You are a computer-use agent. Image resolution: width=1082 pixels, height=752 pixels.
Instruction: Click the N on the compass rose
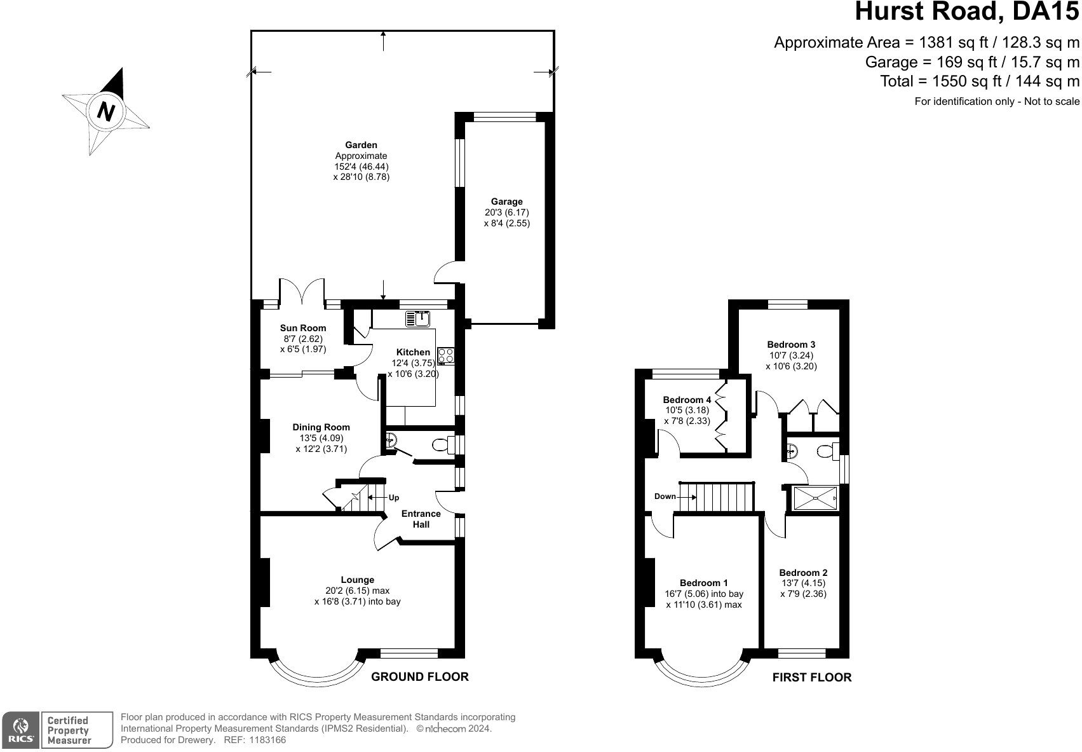pyautogui.click(x=105, y=112)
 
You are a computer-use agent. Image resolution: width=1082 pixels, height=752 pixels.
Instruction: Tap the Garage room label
pyautogui.click(x=507, y=202)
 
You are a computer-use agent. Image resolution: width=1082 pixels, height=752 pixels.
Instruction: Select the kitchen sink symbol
pyautogui.click(x=418, y=319)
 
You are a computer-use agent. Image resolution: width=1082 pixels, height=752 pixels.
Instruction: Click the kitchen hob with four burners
pyautogui.click(x=446, y=356)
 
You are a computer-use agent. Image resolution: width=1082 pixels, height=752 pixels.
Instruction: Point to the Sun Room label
pyautogui.click(x=303, y=328)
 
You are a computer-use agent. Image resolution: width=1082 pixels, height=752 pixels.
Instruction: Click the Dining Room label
pyautogui.click(x=321, y=427)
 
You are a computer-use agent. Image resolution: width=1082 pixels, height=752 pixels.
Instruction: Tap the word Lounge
pyautogui.click(x=358, y=580)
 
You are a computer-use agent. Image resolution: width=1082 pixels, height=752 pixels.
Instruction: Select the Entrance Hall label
pyautogui.click(x=421, y=519)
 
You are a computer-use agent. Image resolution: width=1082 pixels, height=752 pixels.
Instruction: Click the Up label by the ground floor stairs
pyautogui.click(x=394, y=497)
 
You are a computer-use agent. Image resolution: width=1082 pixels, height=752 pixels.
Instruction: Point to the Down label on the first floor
pyautogui.click(x=665, y=496)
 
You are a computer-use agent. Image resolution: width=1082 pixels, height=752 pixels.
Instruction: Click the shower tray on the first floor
pyautogui.click(x=815, y=498)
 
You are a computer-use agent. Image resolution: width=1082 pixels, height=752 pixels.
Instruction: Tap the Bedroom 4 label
pyautogui.click(x=687, y=400)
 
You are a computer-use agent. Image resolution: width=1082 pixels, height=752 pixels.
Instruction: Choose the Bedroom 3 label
pyautogui.click(x=791, y=345)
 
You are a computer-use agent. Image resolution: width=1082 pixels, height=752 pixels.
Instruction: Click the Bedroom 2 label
pyautogui.click(x=803, y=573)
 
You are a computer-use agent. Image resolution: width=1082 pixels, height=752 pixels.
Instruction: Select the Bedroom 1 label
pyautogui.click(x=704, y=583)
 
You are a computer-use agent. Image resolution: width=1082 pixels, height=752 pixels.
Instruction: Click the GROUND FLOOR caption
pyautogui.click(x=420, y=676)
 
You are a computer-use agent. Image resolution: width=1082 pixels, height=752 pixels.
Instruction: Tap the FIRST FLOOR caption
pyautogui.click(x=812, y=677)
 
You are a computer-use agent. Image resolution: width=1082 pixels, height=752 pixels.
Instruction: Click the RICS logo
pyautogui.click(x=20, y=730)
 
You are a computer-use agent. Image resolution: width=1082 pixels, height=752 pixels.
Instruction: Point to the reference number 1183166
pyautogui.click(x=267, y=740)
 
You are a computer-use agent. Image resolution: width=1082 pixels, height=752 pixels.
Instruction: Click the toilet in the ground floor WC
pyautogui.click(x=443, y=444)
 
